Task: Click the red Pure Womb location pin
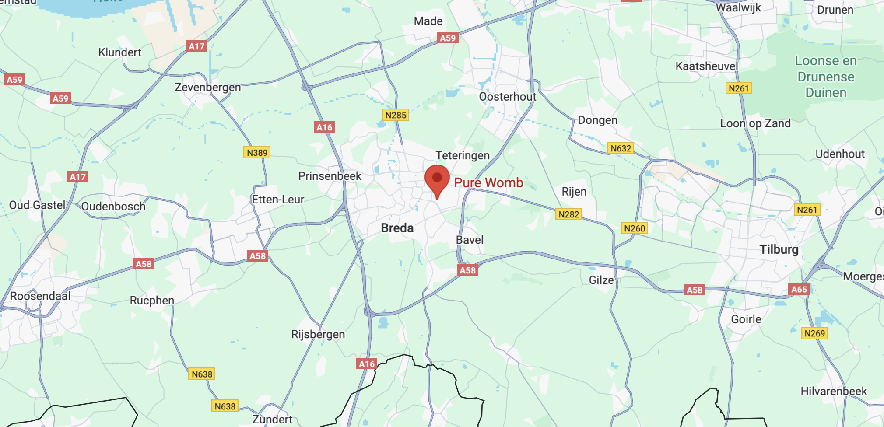coord(437,179)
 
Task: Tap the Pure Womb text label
coord(488,182)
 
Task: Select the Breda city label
coord(397,228)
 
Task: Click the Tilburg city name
coord(779,249)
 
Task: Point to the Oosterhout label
coord(507,96)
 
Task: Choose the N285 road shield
coord(396,115)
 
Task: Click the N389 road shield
coord(257,152)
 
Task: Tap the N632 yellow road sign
coord(621,148)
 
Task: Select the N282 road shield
coord(568,214)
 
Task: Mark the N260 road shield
coord(635,228)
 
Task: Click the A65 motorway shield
coord(799,289)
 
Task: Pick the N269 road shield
coord(814,333)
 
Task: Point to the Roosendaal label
coord(40,296)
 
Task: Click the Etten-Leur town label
coord(278,199)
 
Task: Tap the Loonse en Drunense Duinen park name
coord(826,77)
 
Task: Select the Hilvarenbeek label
coord(834,391)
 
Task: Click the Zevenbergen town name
coord(208,87)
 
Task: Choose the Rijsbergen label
coord(318,334)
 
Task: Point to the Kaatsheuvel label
coord(706,66)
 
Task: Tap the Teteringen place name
coord(463,155)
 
